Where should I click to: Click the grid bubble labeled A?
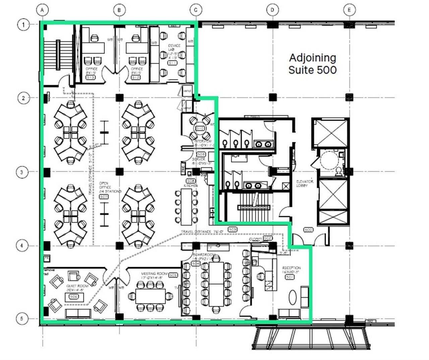42,10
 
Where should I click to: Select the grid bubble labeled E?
349,10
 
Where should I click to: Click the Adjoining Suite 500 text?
312,64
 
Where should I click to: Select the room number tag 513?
90,77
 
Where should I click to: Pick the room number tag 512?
136,77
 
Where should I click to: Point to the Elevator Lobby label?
305,183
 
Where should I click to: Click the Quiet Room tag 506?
74,296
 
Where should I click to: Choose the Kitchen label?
190,185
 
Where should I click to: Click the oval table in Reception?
293,298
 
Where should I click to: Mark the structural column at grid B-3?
120,172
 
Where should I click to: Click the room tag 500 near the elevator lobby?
308,230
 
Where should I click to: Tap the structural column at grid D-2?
273,98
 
